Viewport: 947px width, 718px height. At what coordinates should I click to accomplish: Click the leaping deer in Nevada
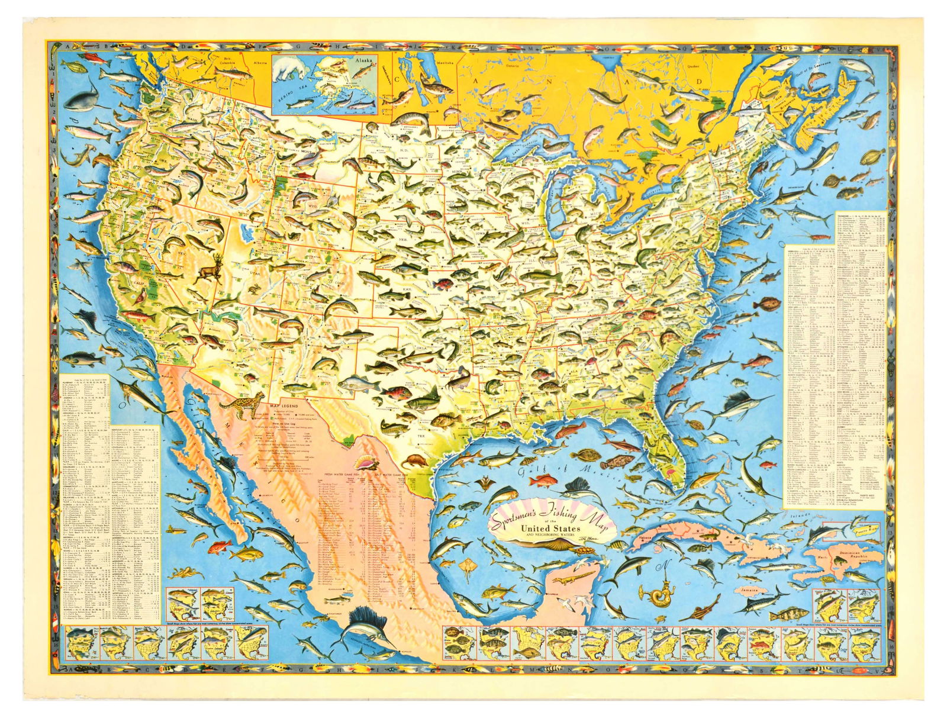(x=207, y=271)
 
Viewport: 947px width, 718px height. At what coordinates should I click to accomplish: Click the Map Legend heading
(x=283, y=406)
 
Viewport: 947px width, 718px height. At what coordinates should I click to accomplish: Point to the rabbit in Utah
(x=253, y=289)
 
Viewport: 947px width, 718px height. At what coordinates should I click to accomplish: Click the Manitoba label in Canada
(x=444, y=62)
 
